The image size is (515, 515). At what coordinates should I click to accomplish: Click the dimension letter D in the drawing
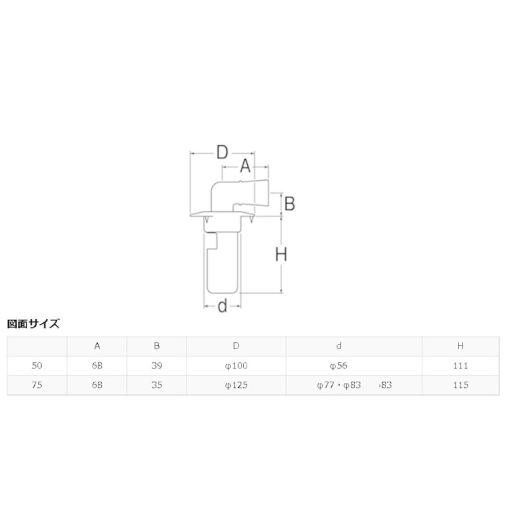tap(222, 152)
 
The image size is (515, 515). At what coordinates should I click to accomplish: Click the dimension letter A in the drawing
tap(245, 167)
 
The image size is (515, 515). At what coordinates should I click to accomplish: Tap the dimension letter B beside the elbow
tap(290, 203)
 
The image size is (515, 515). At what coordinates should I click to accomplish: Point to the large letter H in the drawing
tap(281, 254)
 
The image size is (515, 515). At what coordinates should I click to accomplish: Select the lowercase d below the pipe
tap(223, 306)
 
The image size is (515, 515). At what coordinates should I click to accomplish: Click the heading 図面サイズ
tap(33, 324)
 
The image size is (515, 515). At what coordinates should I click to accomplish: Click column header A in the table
tap(97, 346)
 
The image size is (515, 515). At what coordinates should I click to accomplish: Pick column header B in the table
tap(157, 346)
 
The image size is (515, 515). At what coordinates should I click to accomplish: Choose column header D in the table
tap(236, 346)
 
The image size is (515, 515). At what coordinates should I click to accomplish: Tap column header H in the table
tap(460, 346)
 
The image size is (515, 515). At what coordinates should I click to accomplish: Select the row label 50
tap(37, 366)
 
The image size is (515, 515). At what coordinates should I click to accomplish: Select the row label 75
tap(37, 385)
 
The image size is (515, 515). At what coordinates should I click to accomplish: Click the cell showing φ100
tap(236, 366)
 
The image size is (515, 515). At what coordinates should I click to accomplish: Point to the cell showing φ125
tap(236, 385)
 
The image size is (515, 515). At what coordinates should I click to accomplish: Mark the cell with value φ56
tap(339, 366)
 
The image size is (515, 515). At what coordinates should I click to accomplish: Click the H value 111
tap(460, 366)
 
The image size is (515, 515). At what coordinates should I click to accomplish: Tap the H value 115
tap(460, 385)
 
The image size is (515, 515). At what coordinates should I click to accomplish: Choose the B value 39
tap(157, 366)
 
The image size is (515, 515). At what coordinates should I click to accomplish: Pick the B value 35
tap(157, 385)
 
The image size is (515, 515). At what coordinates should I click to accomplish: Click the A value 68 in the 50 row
tap(97, 366)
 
